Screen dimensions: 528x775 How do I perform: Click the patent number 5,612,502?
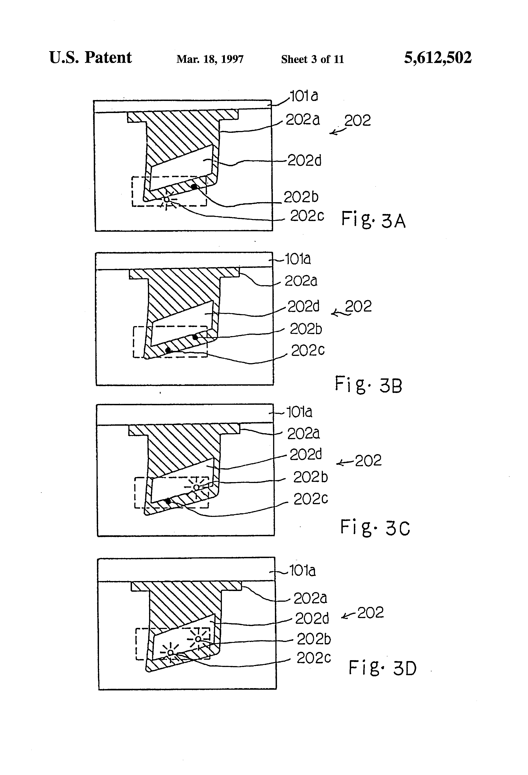(x=438, y=58)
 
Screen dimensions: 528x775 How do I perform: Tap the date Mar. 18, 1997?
(x=210, y=59)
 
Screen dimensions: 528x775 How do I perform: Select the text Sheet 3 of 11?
(x=312, y=59)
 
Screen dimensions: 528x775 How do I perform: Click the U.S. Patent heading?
(x=90, y=58)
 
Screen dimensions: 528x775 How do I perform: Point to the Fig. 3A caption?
(x=373, y=220)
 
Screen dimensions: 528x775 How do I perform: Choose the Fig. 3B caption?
(x=368, y=385)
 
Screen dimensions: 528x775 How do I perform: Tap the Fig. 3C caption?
(x=375, y=528)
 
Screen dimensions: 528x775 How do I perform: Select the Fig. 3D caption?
(x=383, y=668)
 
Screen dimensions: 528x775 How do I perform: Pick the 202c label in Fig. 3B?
(x=308, y=350)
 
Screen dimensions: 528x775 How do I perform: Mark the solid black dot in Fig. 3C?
(x=168, y=501)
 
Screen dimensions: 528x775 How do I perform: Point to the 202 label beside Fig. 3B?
(x=358, y=307)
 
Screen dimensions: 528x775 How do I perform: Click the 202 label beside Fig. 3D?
(x=370, y=613)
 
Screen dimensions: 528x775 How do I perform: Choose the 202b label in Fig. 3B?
(x=306, y=329)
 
